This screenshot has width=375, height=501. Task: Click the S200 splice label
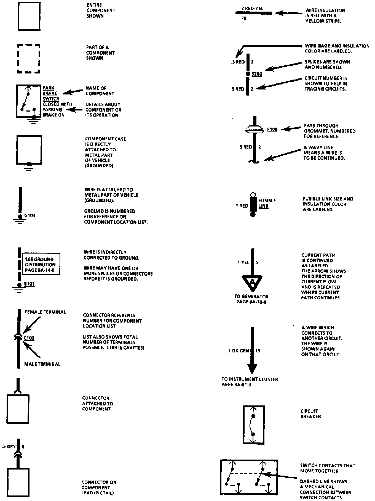[x=257, y=74]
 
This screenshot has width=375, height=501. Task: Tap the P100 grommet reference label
[x=272, y=129]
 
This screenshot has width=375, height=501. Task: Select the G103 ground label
[x=30, y=215]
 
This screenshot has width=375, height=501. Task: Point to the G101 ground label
[x=29, y=284]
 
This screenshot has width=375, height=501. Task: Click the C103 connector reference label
[x=29, y=338]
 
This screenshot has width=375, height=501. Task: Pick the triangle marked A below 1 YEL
[x=252, y=282]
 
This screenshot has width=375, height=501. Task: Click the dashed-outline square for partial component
[x=29, y=58]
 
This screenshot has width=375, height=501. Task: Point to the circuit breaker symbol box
[x=254, y=425]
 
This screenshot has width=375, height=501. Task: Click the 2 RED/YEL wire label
[x=252, y=8]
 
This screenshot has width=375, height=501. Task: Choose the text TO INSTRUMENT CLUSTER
[x=250, y=379]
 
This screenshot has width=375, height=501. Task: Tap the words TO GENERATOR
[x=251, y=296]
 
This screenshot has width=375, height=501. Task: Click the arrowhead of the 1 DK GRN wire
[x=252, y=368]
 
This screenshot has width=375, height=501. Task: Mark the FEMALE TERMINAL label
[x=45, y=312]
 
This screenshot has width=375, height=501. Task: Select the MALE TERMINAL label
[x=42, y=364]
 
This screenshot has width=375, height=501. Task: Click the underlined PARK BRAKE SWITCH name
[x=51, y=93]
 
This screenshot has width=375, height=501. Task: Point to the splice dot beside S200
[x=248, y=74]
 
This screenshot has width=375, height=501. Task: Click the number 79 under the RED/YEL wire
[x=244, y=19]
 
